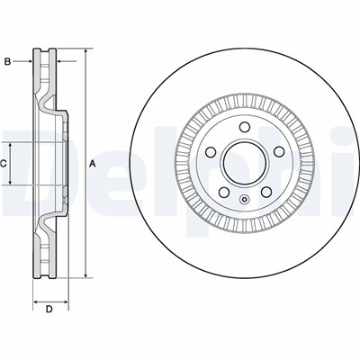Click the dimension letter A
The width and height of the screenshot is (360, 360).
click(93, 163)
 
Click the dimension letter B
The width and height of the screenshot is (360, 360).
click(7, 62)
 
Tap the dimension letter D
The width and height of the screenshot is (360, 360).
click(49, 310)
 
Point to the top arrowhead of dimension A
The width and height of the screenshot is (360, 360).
click(85, 51)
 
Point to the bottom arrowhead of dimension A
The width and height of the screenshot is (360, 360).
click(85, 275)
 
